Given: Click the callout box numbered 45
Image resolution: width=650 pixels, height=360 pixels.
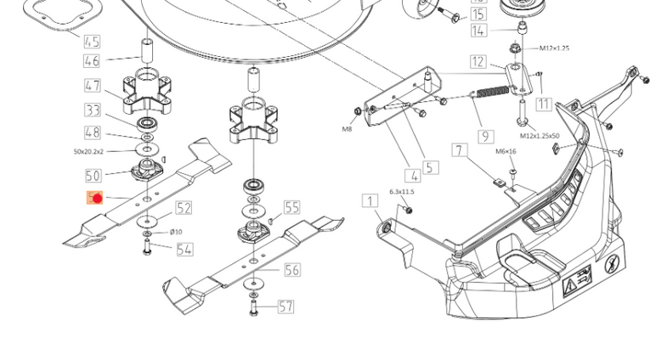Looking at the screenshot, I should pos(92,42).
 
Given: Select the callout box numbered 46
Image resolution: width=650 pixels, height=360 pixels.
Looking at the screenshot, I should pos(92,61).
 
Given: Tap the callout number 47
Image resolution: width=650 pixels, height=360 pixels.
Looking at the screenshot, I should pos(92,86).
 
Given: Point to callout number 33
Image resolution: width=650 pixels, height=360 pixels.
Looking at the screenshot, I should pos(92,110).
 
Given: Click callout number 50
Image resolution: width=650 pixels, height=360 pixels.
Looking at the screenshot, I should pos(92,176).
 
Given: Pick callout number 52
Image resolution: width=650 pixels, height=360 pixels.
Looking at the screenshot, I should pos(184,208).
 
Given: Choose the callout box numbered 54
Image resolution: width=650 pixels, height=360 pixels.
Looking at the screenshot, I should pos(184,250).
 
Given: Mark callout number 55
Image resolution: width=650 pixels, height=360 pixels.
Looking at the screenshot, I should pos(291,207).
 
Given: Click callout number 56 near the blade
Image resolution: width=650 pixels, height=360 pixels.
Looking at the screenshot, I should pos(291,270).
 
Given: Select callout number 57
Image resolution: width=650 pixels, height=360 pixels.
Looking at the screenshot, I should pos(285,307).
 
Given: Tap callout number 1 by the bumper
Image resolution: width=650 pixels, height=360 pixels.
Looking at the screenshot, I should pos(370,201).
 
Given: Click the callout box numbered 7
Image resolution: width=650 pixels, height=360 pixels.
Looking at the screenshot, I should pos(460,151).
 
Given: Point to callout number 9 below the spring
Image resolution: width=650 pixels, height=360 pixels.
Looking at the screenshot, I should pos(486,136).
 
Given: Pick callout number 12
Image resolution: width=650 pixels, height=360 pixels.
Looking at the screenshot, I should pos(478,62).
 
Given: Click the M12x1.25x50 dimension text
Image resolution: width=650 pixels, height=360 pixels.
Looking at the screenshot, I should pos(540,136).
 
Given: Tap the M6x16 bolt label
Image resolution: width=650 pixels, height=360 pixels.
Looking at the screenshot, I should pos(506,152).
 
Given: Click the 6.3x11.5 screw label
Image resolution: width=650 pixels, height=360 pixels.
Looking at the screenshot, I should pos(402,192).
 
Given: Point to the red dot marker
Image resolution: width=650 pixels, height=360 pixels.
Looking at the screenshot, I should pos(97,199).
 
